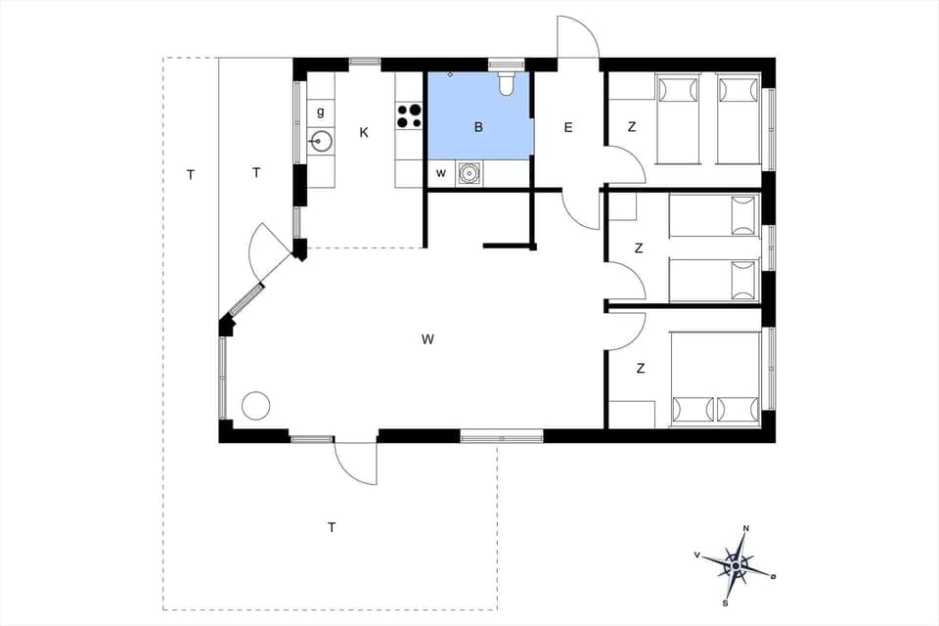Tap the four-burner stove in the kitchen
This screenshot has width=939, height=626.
tap(409, 116)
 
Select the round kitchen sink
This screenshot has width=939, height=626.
tap(321, 142)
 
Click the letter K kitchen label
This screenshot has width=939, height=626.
tap(364, 132)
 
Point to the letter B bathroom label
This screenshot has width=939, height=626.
tap(479, 127)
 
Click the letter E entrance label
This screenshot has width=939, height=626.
tap(568, 127)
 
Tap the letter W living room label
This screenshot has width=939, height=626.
tap(427, 339)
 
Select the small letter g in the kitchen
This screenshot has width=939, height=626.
tap(321, 112)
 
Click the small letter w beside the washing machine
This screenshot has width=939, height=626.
tap(441, 174)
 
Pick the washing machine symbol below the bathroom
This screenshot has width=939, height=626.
tap(469, 174)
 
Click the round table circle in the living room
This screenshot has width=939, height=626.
tap(255, 405)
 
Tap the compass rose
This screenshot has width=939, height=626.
tap(737, 564)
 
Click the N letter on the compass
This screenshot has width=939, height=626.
tap(746, 529)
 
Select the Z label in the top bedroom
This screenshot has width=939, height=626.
tap(632, 127)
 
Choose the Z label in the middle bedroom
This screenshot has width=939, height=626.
tap(639, 248)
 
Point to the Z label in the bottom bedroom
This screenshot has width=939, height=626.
tap(641, 369)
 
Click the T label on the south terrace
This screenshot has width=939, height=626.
tap(332, 527)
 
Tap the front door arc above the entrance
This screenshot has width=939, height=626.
tap(578, 37)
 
